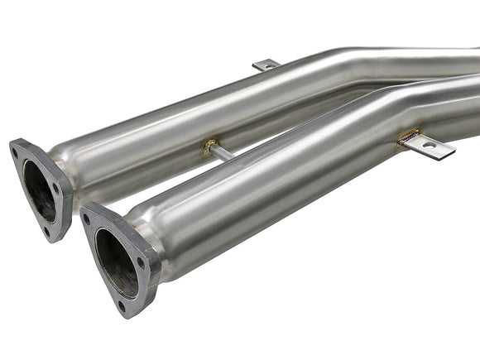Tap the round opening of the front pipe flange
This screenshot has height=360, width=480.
[x=115, y=262]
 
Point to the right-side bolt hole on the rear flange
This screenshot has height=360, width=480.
[x=55, y=190]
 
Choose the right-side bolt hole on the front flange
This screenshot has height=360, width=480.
[x=141, y=263]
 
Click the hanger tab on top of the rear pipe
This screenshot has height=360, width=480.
[x=266, y=65]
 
